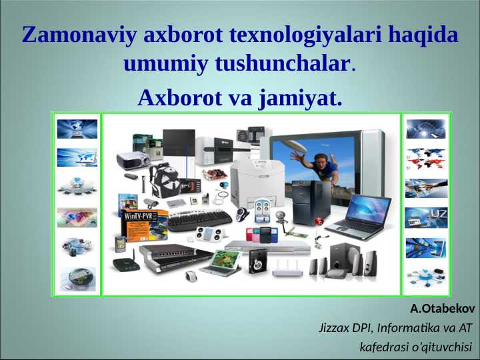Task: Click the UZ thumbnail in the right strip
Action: click(426, 217)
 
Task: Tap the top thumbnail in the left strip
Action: click(77, 128)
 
